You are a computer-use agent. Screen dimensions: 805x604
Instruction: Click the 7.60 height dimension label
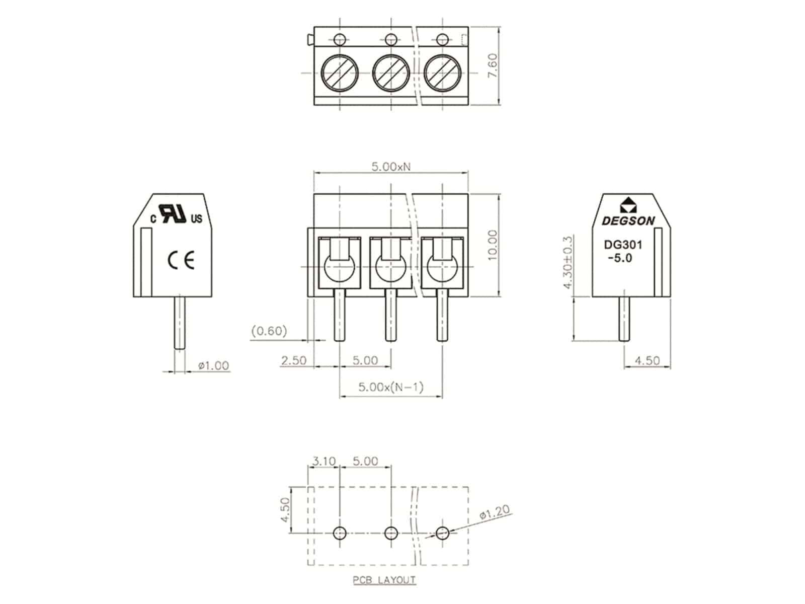point(493,65)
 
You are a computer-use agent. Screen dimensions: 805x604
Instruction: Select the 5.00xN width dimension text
point(391,167)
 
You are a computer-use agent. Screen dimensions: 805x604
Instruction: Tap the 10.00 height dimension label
point(493,245)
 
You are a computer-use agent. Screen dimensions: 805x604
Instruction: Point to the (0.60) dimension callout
point(269,331)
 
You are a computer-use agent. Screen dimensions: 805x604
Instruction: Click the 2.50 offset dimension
point(293,360)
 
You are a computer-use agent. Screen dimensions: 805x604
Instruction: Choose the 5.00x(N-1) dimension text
point(391,387)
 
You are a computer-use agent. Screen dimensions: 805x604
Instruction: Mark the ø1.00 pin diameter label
point(213,365)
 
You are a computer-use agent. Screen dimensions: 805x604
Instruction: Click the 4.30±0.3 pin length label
point(567,262)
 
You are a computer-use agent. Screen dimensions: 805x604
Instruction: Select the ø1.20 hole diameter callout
point(495,512)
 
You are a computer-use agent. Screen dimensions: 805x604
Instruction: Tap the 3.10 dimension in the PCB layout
point(324,461)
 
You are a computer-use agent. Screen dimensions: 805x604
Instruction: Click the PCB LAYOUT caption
point(384,580)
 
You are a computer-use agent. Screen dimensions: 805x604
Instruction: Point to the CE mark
point(181,261)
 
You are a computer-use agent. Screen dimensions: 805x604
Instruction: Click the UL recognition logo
point(177,213)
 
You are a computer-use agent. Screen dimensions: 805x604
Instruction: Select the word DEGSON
point(628,221)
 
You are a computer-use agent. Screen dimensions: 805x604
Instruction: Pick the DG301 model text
point(623,245)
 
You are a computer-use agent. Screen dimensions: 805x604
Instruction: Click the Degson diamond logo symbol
point(628,205)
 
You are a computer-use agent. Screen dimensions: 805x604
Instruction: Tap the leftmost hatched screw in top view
point(340,73)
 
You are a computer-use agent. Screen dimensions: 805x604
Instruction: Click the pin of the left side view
point(179,323)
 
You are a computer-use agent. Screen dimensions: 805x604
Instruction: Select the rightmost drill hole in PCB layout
point(443,533)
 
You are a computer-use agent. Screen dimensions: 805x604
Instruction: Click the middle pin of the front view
point(391,315)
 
